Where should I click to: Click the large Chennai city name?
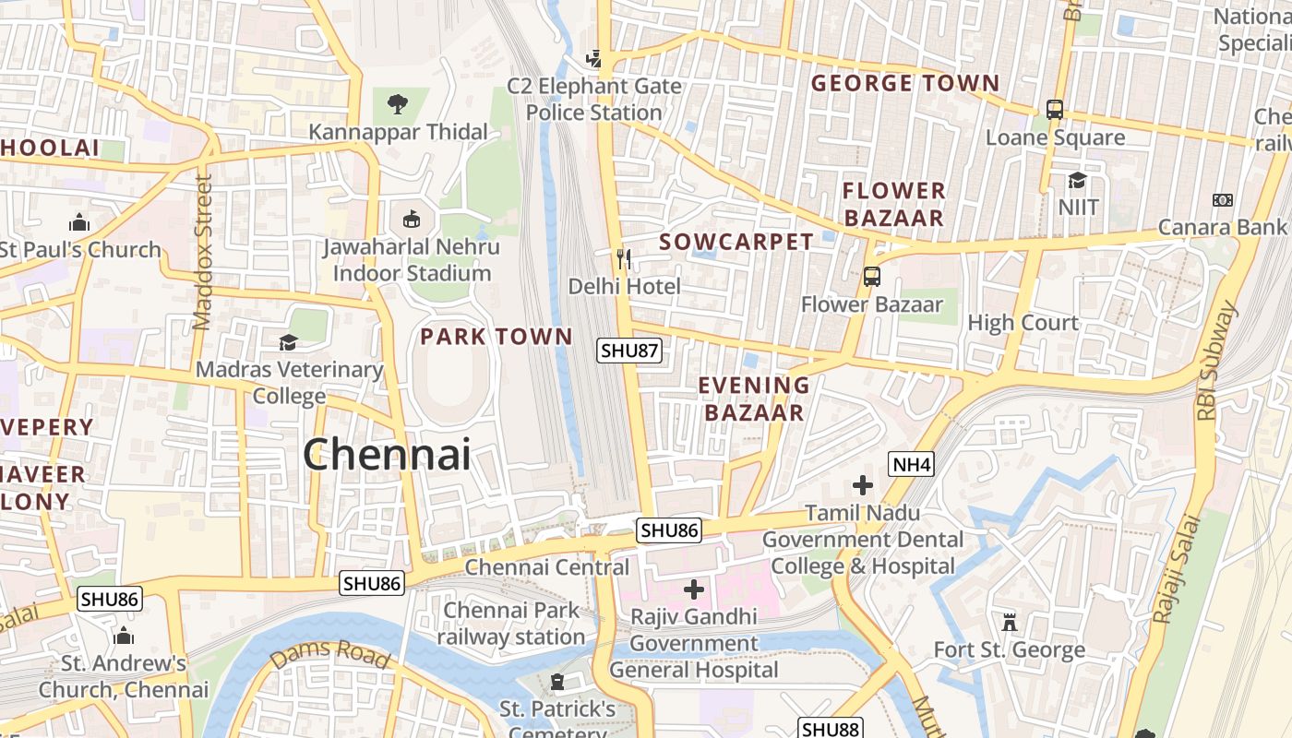tap(387, 454)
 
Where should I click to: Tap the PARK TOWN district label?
tap(496, 337)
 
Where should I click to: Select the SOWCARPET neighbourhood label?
tap(736, 243)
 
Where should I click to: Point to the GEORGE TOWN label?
tap(905, 84)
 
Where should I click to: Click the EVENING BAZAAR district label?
tap(754, 399)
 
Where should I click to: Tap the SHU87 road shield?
tap(629, 351)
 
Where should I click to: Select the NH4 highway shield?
tap(911, 464)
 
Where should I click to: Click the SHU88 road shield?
tap(831, 729)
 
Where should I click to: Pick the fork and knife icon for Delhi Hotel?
tap(624, 259)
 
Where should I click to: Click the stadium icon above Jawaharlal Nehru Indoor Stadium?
tap(412, 220)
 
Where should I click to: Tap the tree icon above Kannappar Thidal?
tap(398, 104)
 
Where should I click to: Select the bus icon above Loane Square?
tap(1055, 110)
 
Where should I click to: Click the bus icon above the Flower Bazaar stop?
tap(871, 276)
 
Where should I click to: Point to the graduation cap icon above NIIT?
tap(1077, 180)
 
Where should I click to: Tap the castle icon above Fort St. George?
tap(1010, 623)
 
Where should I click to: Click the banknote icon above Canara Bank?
tap(1223, 200)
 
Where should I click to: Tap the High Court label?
tap(1023, 323)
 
